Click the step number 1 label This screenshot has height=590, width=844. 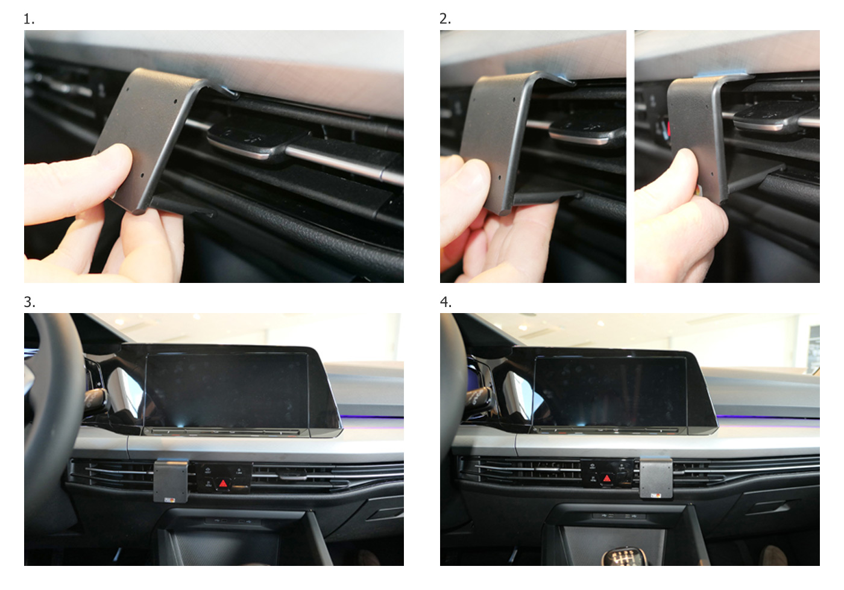29,19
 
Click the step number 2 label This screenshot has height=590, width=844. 445,19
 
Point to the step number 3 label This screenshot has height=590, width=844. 30,302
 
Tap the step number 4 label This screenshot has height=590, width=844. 446,302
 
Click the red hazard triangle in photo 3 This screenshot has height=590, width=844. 222,483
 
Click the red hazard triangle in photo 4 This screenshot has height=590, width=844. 606,479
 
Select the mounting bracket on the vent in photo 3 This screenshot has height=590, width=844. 171,481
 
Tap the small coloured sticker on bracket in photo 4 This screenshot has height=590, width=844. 656,495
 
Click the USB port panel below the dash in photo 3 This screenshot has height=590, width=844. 233,521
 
